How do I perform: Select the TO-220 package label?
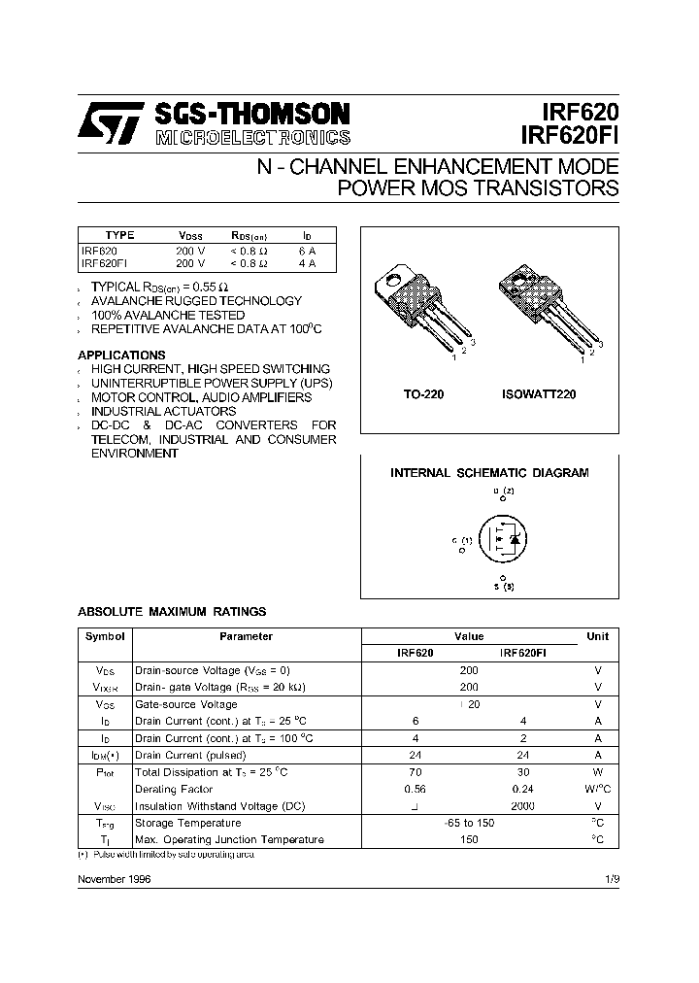tap(422, 395)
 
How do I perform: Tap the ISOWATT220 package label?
tap(539, 395)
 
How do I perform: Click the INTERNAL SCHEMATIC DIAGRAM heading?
tap(489, 473)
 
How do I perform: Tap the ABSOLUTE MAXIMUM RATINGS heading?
tap(171, 612)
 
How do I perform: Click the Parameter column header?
tap(246, 637)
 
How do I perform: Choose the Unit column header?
tap(598, 637)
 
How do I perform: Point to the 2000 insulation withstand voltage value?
tap(523, 806)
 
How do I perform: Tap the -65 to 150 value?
tap(469, 823)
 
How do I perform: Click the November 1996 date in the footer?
tap(114, 878)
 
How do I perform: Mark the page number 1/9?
tap(611, 878)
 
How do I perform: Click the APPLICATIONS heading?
tap(121, 356)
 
